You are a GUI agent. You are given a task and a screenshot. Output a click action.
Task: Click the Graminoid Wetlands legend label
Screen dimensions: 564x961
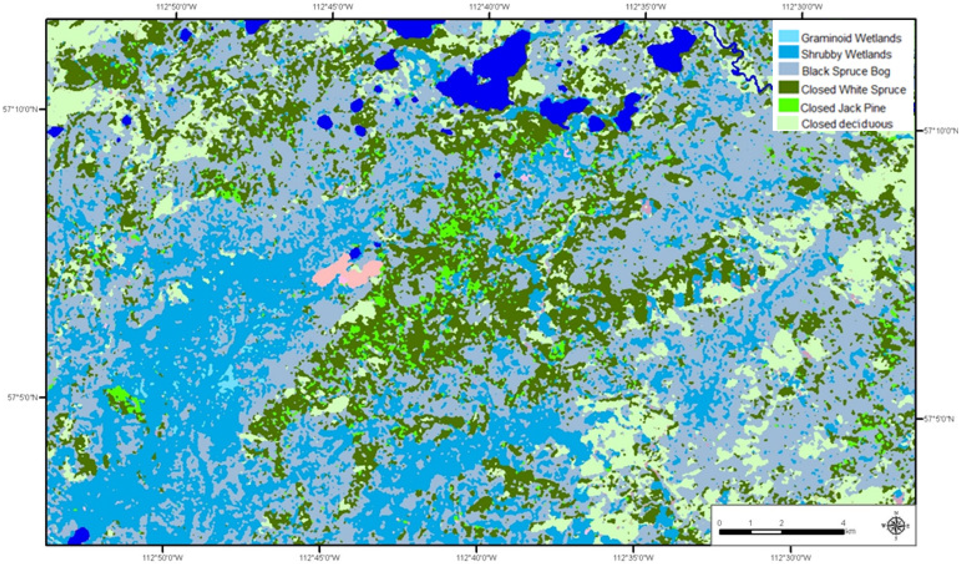(x=850, y=38)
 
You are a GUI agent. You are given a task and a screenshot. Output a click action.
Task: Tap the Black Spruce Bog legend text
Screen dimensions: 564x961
(x=845, y=71)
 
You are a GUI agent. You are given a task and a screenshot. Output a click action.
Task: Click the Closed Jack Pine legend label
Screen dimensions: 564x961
(x=842, y=107)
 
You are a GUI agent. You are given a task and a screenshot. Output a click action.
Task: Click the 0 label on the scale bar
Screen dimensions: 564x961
(x=719, y=522)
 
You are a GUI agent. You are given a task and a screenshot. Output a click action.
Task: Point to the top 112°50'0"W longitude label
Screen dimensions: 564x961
(x=176, y=7)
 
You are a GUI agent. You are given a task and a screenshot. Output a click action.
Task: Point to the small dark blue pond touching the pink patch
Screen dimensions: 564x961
(x=355, y=252)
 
